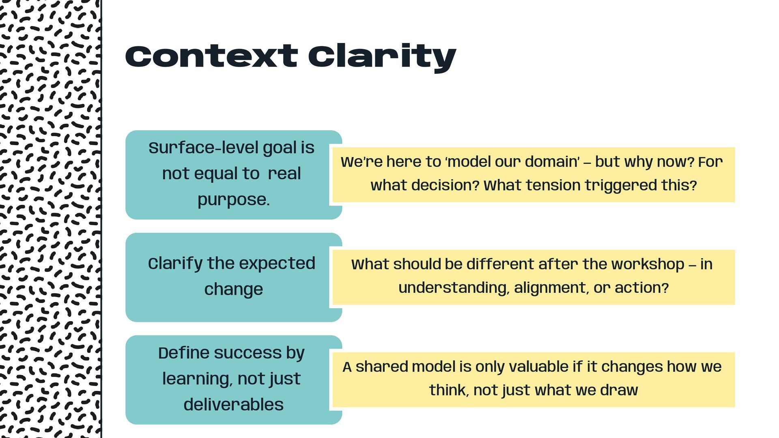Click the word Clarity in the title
pos(382,57)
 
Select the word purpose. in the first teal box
pos(233,200)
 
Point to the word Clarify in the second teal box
pos(175,264)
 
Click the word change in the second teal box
pos(233,290)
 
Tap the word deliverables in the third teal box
pos(233,405)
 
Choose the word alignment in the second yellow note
pos(550,288)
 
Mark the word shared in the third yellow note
pos(381,367)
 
